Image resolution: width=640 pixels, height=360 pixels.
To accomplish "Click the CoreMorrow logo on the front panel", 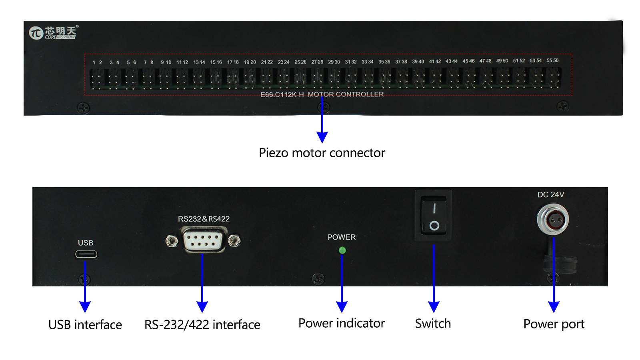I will pyautogui.click(x=53, y=32).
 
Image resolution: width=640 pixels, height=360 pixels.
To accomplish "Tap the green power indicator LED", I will pyautogui.click(x=342, y=250).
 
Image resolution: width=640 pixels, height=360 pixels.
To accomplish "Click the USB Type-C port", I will pyautogui.click(x=86, y=254).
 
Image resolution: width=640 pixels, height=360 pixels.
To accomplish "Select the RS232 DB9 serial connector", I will pyautogui.click(x=203, y=240).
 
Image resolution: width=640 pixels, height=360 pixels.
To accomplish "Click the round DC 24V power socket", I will pyautogui.click(x=553, y=219).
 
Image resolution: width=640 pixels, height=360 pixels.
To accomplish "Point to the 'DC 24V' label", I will pyautogui.click(x=550, y=194).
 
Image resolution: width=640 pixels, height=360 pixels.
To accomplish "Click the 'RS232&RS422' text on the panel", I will pyautogui.click(x=204, y=219).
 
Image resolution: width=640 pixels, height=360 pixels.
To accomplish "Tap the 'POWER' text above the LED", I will pyautogui.click(x=341, y=237).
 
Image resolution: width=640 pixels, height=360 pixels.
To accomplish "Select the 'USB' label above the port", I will pyautogui.click(x=86, y=243).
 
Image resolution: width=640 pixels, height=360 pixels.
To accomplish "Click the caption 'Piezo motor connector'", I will pyautogui.click(x=322, y=153).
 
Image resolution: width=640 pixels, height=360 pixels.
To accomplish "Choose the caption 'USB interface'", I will pyautogui.click(x=85, y=324).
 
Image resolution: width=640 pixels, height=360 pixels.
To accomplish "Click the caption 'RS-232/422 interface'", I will pyautogui.click(x=202, y=324).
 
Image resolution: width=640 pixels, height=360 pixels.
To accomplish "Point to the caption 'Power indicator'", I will pyautogui.click(x=342, y=323).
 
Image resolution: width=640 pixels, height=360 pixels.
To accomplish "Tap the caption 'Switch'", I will pyautogui.click(x=433, y=324).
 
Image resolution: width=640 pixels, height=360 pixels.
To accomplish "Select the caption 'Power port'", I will pyautogui.click(x=554, y=324).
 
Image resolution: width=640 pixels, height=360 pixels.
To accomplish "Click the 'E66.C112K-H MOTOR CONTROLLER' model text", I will pyautogui.click(x=322, y=94).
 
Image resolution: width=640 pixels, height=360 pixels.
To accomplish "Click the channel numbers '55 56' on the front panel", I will pyautogui.click(x=552, y=60).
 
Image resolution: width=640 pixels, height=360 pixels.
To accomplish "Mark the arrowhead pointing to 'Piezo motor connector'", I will pyautogui.click(x=322, y=137).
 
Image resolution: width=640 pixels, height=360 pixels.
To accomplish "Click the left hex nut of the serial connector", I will pyautogui.click(x=172, y=241).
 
